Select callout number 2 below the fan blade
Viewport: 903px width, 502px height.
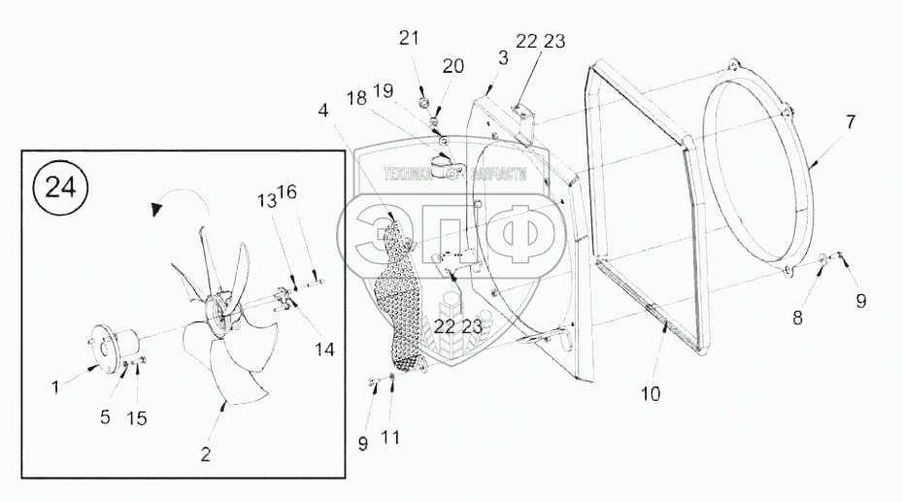coord(205,453)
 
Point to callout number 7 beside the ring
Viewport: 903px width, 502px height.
coord(851,122)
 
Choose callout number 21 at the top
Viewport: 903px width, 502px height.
coord(409,38)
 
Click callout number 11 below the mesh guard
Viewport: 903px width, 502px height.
coord(390,438)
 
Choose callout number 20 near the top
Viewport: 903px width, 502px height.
coord(453,68)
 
